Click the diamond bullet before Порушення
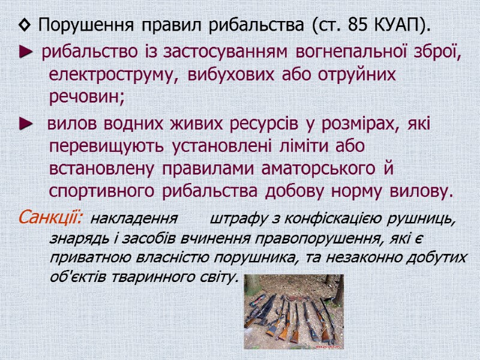(24, 26)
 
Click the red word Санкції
(53, 216)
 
